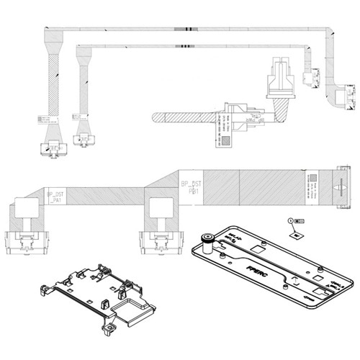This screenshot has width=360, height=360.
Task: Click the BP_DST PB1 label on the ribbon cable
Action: (192, 189)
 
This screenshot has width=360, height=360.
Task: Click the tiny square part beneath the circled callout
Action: (294, 234)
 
